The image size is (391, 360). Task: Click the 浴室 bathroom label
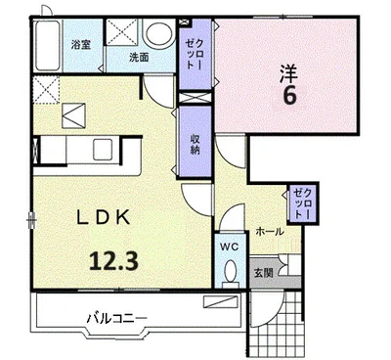(x=81, y=44)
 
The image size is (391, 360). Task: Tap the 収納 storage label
(x=195, y=141)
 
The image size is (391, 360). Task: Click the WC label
(x=228, y=247)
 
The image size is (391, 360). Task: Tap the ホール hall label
(x=270, y=232)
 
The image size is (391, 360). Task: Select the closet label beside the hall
(x=300, y=202)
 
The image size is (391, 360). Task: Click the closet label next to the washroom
(x=191, y=48)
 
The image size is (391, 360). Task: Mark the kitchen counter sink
(x=102, y=149)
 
